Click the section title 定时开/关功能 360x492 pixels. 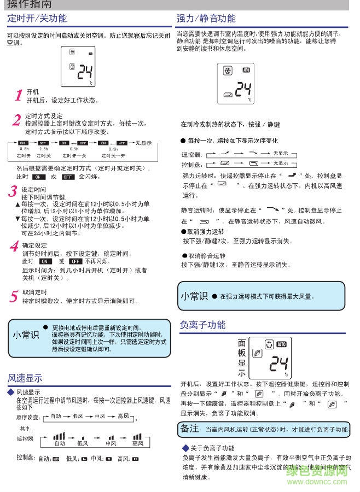click(37, 18)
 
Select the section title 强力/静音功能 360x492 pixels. click(206, 18)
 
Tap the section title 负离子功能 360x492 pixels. click(202, 325)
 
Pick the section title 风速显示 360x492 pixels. click(25, 378)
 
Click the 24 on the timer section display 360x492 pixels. click(85, 72)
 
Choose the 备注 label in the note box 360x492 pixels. click(189, 428)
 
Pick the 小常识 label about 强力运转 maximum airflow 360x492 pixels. click(194, 296)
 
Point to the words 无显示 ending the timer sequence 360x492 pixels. click(143, 143)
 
